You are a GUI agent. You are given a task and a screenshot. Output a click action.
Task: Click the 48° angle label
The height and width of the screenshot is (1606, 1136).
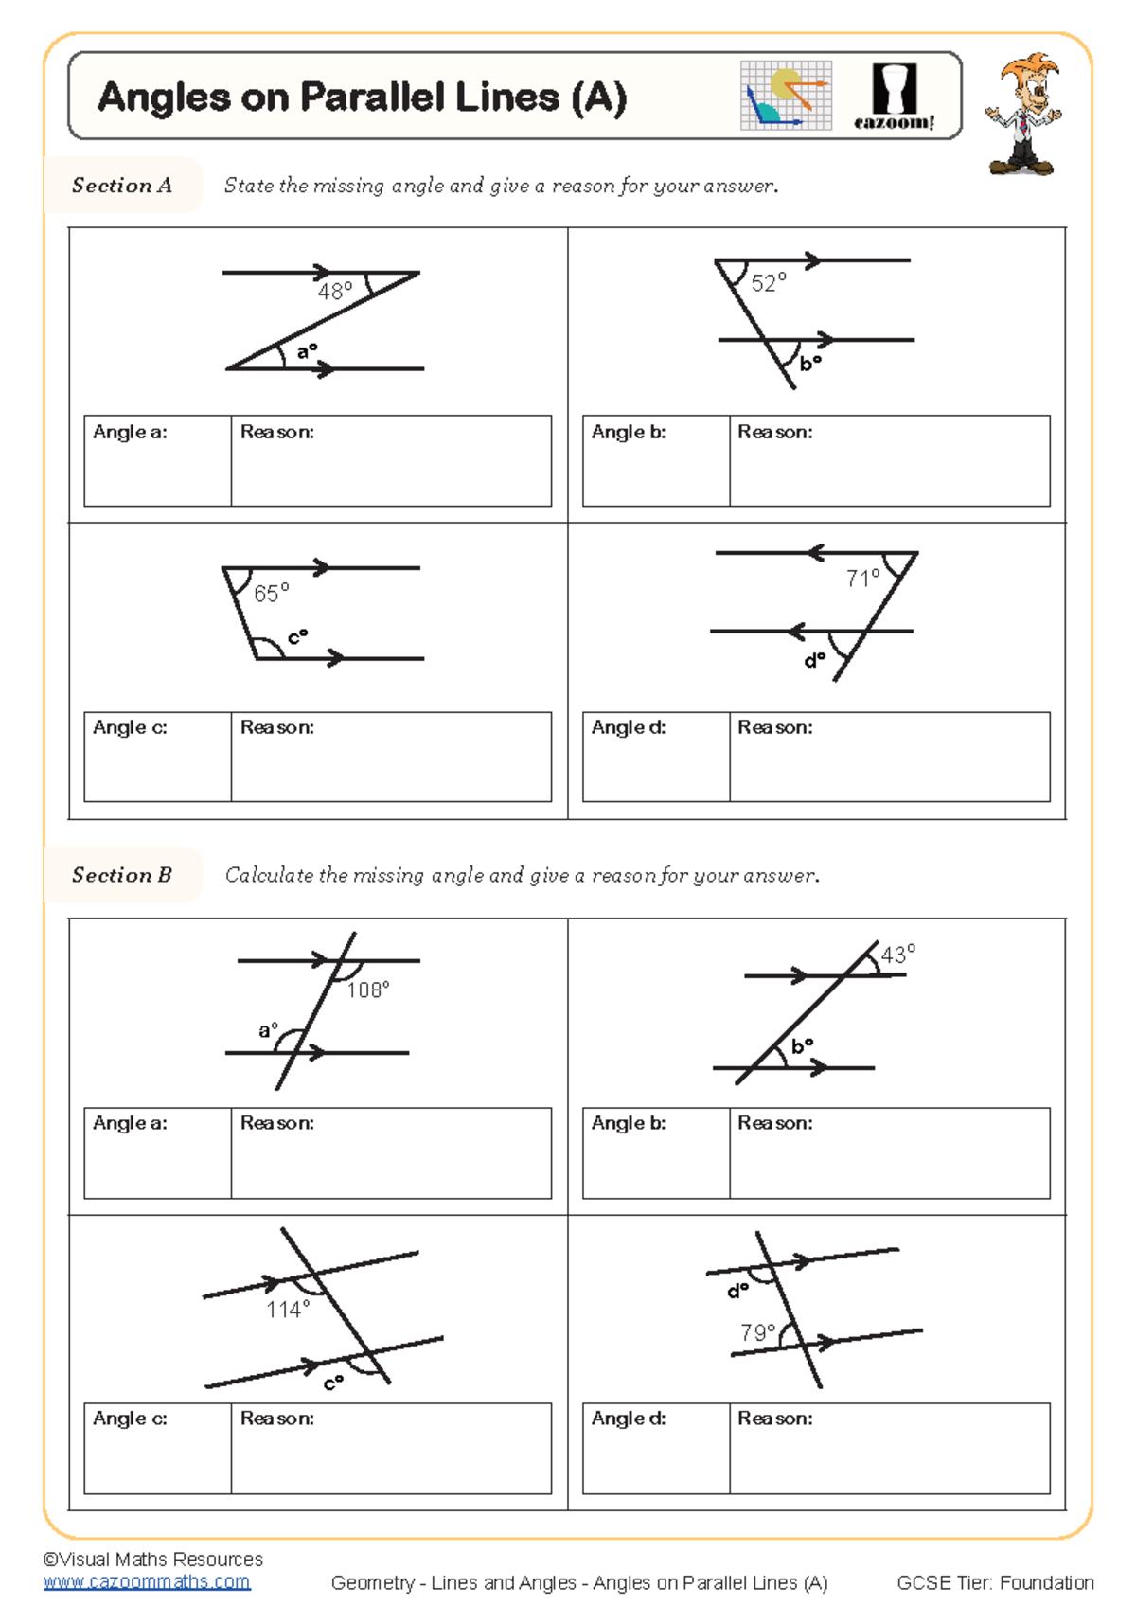click(335, 291)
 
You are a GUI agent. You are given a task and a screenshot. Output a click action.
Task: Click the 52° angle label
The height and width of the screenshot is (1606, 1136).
click(768, 282)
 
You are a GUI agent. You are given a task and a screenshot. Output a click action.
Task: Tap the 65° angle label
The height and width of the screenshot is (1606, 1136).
click(271, 593)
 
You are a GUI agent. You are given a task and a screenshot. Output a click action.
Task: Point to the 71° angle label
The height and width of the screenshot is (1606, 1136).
click(862, 578)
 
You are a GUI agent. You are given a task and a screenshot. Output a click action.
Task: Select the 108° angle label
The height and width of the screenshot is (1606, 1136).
click(367, 990)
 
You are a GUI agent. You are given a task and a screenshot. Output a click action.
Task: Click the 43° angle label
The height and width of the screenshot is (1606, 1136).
click(897, 954)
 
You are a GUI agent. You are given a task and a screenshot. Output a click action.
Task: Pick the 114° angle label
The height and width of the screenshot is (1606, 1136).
click(288, 1309)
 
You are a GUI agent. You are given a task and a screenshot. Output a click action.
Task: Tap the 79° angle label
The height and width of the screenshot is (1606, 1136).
click(758, 1332)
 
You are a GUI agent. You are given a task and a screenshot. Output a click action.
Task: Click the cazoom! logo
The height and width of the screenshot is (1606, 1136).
click(894, 96)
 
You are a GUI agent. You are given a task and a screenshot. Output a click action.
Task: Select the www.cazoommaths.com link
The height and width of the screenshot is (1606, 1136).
click(147, 1581)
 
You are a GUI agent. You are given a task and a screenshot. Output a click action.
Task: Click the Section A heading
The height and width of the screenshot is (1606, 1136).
click(122, 186)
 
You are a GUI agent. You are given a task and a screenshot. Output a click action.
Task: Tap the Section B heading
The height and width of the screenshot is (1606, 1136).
click(122, 875)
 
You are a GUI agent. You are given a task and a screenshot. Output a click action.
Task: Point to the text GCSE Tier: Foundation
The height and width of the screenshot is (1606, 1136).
click(995, 1582)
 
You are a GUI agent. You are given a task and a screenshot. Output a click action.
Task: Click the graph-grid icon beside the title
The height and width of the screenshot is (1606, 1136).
click(786, 96)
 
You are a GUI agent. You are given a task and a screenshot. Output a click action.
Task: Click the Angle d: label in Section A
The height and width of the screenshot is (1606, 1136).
click(629, 727)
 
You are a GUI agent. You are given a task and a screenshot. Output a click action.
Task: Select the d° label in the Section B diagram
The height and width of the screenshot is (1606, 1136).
click(737, 1291)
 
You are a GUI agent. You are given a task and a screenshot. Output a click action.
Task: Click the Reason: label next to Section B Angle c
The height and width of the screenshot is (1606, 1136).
click(276, 1418)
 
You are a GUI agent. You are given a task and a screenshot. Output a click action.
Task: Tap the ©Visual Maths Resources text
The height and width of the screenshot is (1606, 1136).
click(153, 1559)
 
